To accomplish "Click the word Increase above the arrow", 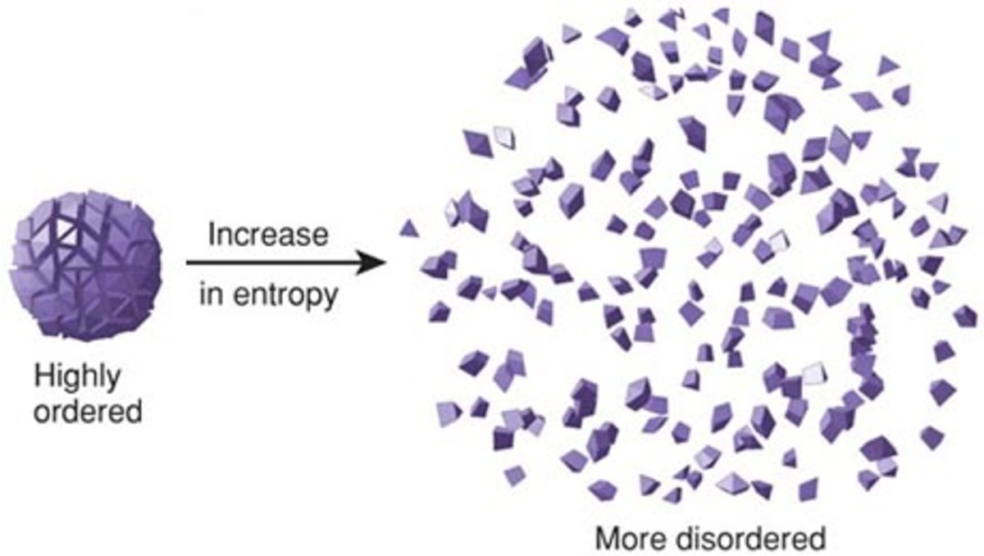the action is coord(268,234).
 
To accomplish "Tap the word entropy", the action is coord(285,295).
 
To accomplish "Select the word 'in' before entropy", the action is coord(211,294).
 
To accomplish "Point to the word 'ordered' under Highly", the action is coord(88,411).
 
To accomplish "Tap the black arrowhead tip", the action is coord(385,262).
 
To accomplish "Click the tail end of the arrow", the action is coord(187,262).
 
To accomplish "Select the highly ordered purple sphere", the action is coord(85,265).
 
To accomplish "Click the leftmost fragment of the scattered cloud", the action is coord(409,230).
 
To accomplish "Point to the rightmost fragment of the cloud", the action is coord(966,317).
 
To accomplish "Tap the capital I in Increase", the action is coord(212,234).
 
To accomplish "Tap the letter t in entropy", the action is coord(272,294).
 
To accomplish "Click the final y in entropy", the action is coord(331,299).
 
